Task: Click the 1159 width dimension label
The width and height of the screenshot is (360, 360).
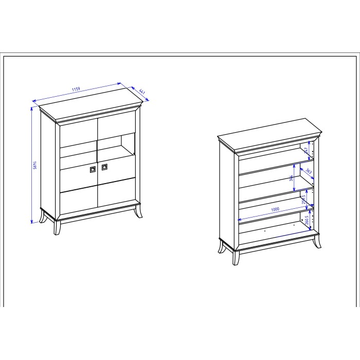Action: pos(76,89)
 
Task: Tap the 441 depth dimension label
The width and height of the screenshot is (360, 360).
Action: pos(142,92)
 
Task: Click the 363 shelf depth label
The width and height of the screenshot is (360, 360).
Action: pos(309,171)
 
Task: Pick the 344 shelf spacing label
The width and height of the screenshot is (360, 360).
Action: pos(291,178)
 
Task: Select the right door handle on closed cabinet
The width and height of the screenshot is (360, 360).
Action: pos(104,167)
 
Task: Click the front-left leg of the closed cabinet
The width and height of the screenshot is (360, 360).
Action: pos(57,228)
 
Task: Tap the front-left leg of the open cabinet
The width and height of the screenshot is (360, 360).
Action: pos(236,258)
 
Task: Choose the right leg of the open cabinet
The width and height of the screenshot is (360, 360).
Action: pos(317,242)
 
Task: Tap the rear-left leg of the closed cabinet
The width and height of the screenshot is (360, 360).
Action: pos(43,216)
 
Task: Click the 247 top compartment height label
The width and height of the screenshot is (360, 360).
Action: pos(305,150)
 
